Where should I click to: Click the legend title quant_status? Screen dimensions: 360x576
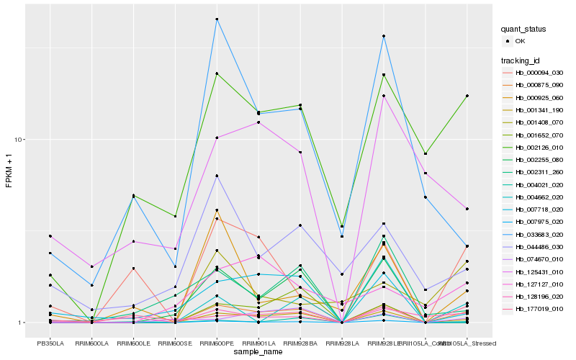(525, 29)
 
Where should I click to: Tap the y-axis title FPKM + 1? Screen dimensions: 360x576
(9, 171)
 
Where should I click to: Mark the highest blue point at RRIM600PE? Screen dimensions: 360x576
(217, 19)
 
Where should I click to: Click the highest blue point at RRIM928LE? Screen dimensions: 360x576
(384, 36)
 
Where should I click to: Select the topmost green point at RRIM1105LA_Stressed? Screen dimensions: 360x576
(467, 96)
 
